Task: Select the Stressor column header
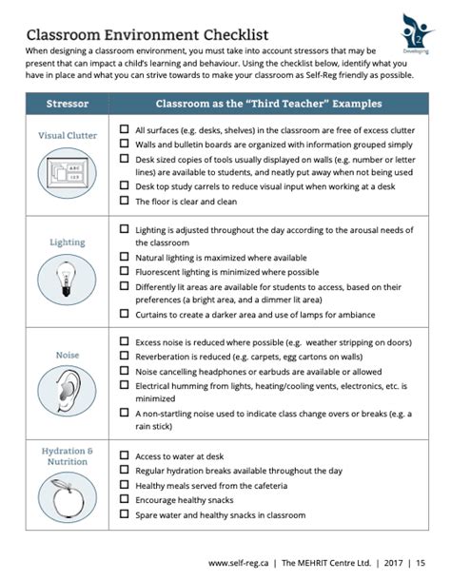point(69,103)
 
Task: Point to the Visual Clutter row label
point(69,136)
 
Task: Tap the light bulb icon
point(69,277)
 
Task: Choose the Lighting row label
point(69,242)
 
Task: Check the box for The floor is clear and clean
point(125,202)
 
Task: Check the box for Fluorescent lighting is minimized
point(125,271)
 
